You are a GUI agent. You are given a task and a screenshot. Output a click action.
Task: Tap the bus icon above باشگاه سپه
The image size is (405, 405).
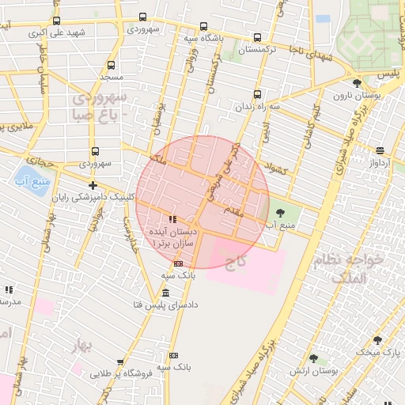pyautogui.click(x=203, y=25)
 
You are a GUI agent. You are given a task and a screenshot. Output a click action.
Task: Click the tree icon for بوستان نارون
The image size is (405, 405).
pyautogui.click(x=358, y=83)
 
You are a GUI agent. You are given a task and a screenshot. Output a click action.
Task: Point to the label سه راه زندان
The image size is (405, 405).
pyautogui.click(x=263, y=105)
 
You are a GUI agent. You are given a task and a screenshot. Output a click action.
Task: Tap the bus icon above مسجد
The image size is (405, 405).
pyautogui.click(x=111, y=65)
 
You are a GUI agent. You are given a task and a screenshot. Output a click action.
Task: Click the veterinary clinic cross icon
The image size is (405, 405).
pyautogui.click(x=93, y=185)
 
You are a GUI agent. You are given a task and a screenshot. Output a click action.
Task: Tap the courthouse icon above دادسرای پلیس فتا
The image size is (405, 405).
pyautogui.click(x=165, y=293)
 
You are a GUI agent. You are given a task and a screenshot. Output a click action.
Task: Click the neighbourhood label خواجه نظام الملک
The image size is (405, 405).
pyautogui.click(x=354, y=268)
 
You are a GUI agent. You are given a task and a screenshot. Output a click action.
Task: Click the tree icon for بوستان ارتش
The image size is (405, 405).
pyautogui.click(x=314, y=358)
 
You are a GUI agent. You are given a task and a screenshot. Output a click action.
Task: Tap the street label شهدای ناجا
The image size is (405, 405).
pyautogui.click(x=306, y=59)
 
